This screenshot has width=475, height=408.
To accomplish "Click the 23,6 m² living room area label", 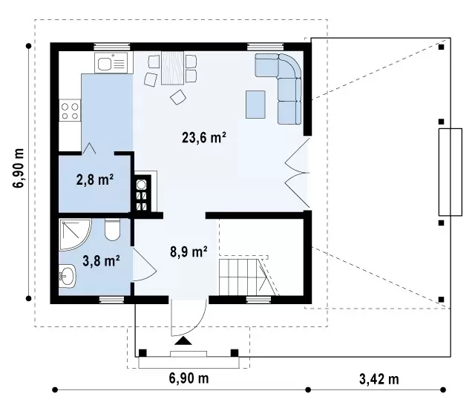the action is pyautogui.click(x=204, y=138).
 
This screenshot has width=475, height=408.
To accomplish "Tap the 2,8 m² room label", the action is pyautogui.click(x=95, y=180).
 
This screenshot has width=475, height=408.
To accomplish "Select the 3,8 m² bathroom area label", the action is pyautogui.click(x=101, y=261).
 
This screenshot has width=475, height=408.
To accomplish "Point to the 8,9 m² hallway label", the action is pyautogui.click(x=189, y=251).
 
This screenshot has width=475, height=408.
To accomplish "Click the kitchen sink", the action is pyautogui.click(x=111, y=62).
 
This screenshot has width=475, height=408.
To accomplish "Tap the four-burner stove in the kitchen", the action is pyautogui.click(x=70, y=111).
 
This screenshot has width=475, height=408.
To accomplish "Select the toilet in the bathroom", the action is pyautogui.click(x=112, y=230).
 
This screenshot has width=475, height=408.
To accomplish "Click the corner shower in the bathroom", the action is pyautogui.click(x=75, y=234).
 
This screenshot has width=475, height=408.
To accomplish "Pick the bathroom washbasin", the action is pyautogui.click(x=67, y=276).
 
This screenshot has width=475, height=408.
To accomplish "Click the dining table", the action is pyautogui.click(x=173, y=68).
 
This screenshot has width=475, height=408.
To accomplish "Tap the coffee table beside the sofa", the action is pyautogui.click(x=255, y=105).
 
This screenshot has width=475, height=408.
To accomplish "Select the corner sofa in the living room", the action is pyautogui.click(x=282, y=88).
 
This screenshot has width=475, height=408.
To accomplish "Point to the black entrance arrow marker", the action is pyautogui.click(x=183, y=340).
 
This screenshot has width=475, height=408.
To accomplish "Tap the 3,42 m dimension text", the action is pyautogui.click(x=379, y=379).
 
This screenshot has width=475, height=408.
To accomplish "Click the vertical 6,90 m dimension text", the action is pyautogui.click(x=19, y=168).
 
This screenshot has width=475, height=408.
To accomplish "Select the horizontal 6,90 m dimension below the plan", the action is pyautogui.click(x=189, y=378).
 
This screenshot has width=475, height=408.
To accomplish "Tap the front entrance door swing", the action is pyautogui.click(x=189, y=317).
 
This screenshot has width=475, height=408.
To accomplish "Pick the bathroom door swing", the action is pyautogui.click(x=144, y=264).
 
